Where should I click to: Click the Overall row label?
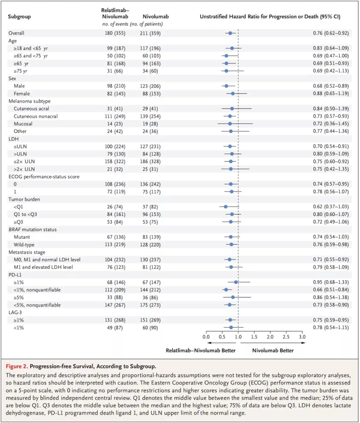click(16, 33)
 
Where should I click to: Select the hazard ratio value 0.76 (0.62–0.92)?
click(331, 33)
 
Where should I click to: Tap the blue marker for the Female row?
click(233, 94)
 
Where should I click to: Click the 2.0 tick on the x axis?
click(270, 336)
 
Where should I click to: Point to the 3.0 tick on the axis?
click(302, 336)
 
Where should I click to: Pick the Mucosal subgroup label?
click(23, 124)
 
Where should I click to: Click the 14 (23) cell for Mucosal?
click(115, 124)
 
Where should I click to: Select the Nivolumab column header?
click(156, 16)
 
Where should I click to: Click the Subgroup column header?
click(19, 16)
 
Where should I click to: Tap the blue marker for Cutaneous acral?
click(232, 109)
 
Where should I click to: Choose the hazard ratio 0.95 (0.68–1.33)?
click(331, 282)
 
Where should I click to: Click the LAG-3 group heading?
click(15, 312)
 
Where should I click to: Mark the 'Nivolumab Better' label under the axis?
click(273, 350)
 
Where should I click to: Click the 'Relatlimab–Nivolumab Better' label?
click(201, 350)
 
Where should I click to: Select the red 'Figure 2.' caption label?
click(17, 366)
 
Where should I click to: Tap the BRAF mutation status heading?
click(32, 229)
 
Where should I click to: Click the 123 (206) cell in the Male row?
click(150, 86)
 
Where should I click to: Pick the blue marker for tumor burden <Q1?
click(226, 207)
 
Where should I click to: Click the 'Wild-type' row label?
click(24, 245)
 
